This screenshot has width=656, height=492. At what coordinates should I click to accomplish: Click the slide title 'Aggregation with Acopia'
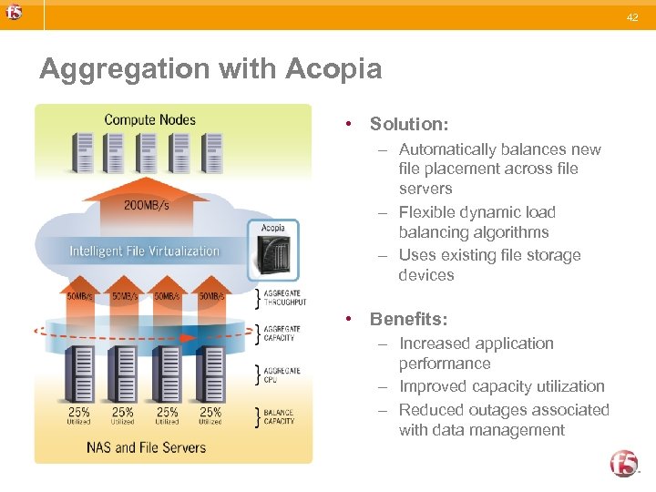coord(210,69)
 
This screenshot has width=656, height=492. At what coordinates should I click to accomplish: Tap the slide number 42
coord(632,17)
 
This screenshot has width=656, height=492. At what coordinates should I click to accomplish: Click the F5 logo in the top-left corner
coord(13,13)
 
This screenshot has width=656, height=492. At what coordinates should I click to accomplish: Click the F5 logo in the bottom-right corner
coord(624,463)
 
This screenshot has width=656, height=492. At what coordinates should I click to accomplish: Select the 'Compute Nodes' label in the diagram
coord(149,119)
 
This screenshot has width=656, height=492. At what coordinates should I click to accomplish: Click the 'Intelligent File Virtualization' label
coord(145,251)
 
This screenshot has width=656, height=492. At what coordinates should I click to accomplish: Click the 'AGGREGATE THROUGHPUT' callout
coord(284,297)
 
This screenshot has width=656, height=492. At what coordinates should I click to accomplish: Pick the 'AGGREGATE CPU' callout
coord(282,374)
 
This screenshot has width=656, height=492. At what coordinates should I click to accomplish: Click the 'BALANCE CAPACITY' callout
coord(280,416)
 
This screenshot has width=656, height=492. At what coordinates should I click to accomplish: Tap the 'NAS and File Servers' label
coord(146,447)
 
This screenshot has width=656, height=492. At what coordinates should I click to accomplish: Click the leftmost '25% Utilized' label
coord(78,415)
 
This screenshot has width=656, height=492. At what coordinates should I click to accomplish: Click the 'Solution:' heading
coord(408,123)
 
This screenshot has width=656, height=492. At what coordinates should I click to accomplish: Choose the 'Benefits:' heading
coord(408,319)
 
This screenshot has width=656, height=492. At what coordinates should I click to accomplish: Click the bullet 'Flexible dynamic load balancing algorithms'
coord(477,222)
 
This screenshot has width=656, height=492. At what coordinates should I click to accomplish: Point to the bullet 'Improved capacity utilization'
coord(501,386)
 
